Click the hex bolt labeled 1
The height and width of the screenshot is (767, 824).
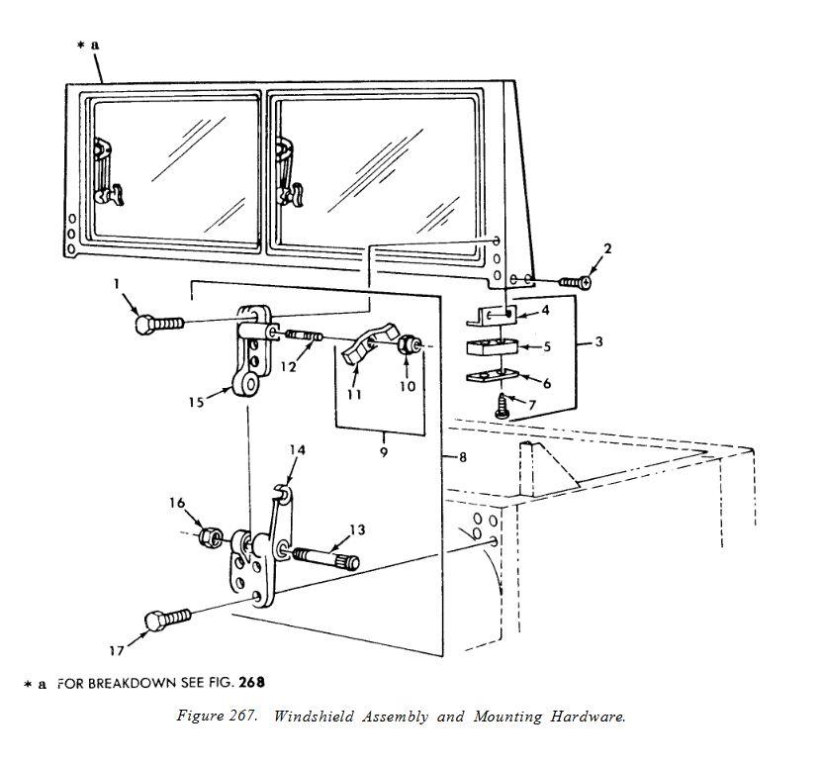(x=159, y=324)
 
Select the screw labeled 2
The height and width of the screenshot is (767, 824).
(x=576, y=282)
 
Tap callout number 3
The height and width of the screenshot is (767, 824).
(x=598, y=341)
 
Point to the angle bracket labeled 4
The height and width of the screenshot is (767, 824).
(x=492, y=316)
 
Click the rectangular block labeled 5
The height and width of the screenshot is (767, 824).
(x=493, y=347)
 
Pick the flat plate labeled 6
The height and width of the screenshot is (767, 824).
(x=493, y=376)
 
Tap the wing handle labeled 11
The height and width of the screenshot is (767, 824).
(x=369, y=341)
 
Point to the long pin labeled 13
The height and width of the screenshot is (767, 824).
(x=325, y=558)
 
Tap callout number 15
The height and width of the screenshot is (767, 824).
(x=196, y=403)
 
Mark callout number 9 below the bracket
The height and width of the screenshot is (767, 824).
(x=384, y=451)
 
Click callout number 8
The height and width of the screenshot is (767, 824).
(x=463, y=457)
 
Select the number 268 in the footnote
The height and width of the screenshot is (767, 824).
(x=251, y=682)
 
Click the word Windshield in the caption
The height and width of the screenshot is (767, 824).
(x=314, y=717)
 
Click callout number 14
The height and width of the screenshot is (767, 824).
(x=297, y=450)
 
